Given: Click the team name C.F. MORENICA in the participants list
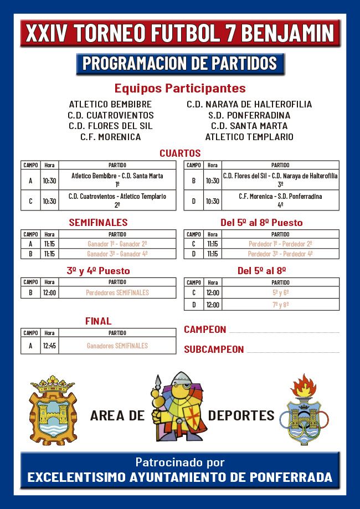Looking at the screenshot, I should tap(110, 137).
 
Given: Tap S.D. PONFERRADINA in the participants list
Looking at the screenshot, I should tap(249, 115).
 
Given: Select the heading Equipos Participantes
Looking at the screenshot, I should tap(180, 88).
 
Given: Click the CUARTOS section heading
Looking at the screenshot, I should tap(180, 153).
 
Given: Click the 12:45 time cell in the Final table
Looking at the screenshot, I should tap(49, 346).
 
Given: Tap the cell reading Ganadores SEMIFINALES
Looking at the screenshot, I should tap(117, 346).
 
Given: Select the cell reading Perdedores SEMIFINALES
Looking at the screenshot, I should tap(117, 292).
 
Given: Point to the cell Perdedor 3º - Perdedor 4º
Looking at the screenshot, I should tap(280, 254).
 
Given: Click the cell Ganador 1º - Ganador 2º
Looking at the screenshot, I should tap(117, 243).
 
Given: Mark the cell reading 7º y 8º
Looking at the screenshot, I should tap(280, 305).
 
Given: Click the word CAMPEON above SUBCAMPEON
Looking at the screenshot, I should tap(205, 330).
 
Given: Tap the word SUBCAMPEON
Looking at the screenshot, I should tap(214, 349).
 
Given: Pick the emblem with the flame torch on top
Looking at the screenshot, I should tap(300, 410).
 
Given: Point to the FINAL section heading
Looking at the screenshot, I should tap(98, 321).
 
